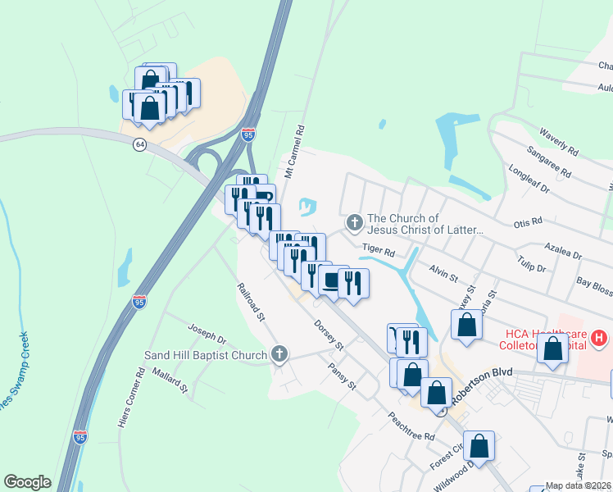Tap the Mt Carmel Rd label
tap(295, 153)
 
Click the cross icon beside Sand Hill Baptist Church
tap(279, 355)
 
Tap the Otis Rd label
tap(528, 222)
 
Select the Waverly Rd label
tap(559, 142)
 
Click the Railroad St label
tap(251, 302)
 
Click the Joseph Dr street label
tap(207, 336)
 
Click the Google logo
tap(28, 482)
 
